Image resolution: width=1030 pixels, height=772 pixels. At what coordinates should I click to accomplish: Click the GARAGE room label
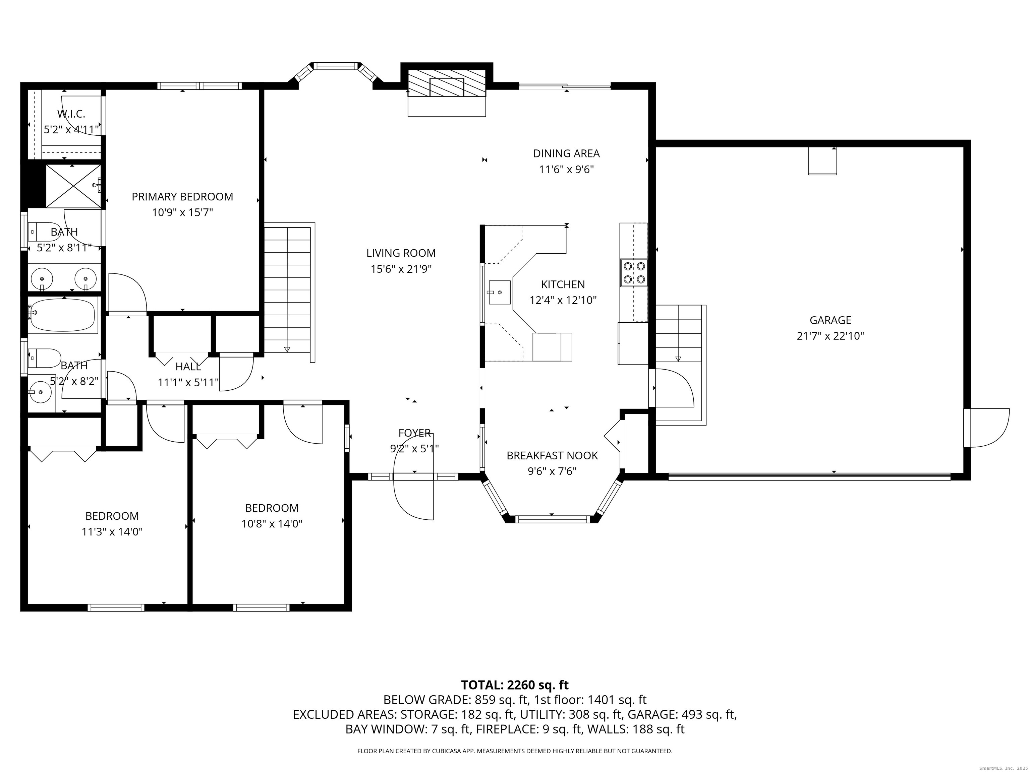pyautogui.click(x=830, y=320)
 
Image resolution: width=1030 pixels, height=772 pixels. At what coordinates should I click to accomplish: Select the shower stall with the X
pyautogui.click(x=73, y=186)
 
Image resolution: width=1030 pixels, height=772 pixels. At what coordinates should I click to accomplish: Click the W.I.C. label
pyautogui.click(x=71, y=114)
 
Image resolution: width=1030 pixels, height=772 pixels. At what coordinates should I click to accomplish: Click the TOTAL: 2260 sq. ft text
pyautogui.click(x=515, y=685)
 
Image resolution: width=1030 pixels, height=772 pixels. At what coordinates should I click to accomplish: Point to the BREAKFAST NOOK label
pyautogui.click(x=552, y=456)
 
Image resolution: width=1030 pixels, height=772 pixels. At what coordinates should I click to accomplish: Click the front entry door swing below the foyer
pyautogui.click(x=413, y=498)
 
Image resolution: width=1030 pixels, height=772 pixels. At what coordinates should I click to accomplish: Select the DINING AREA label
pyautogui.click(x=566, y=153)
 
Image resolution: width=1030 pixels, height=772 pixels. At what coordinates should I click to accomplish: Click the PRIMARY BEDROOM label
pyautogui.click(x=182, y=197)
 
